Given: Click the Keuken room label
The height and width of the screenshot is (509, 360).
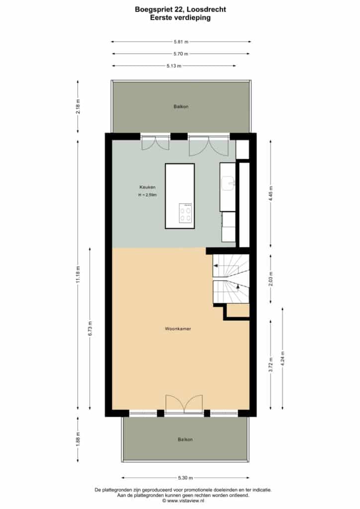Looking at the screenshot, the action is [x=147, y=187].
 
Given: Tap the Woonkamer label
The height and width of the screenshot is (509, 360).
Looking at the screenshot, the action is [x=178, y=329].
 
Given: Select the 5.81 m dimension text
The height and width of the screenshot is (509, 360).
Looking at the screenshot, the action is [x=181, y=42].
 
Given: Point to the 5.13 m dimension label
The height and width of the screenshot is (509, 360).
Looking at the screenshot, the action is [x=174, y=66].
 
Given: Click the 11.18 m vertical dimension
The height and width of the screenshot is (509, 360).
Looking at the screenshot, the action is [x=78, y=274].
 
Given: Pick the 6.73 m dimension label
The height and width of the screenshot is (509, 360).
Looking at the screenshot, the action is [x=90, y=328].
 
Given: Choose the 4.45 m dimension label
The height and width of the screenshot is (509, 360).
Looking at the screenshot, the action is [x=270, y=193].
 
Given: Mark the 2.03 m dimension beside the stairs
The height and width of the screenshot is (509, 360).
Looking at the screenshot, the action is [x=270, y=279].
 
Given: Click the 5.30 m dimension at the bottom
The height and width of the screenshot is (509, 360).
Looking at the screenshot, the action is [x=185, y=478].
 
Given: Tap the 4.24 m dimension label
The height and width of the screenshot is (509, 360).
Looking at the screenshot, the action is [x=282, y=359].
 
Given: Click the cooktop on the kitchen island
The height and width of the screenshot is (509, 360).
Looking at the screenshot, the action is [x=185, y=213].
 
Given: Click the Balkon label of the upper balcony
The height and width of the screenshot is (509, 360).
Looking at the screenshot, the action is [x=181, y=106].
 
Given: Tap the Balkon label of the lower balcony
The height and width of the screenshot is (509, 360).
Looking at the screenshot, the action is [x=185, y=439].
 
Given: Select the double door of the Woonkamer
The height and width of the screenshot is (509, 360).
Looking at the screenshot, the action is [x=184, y=404].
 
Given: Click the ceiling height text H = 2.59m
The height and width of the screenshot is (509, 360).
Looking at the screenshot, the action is [x=147, y=195].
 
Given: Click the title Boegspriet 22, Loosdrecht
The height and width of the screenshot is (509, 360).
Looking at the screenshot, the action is [x=180, y=9].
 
